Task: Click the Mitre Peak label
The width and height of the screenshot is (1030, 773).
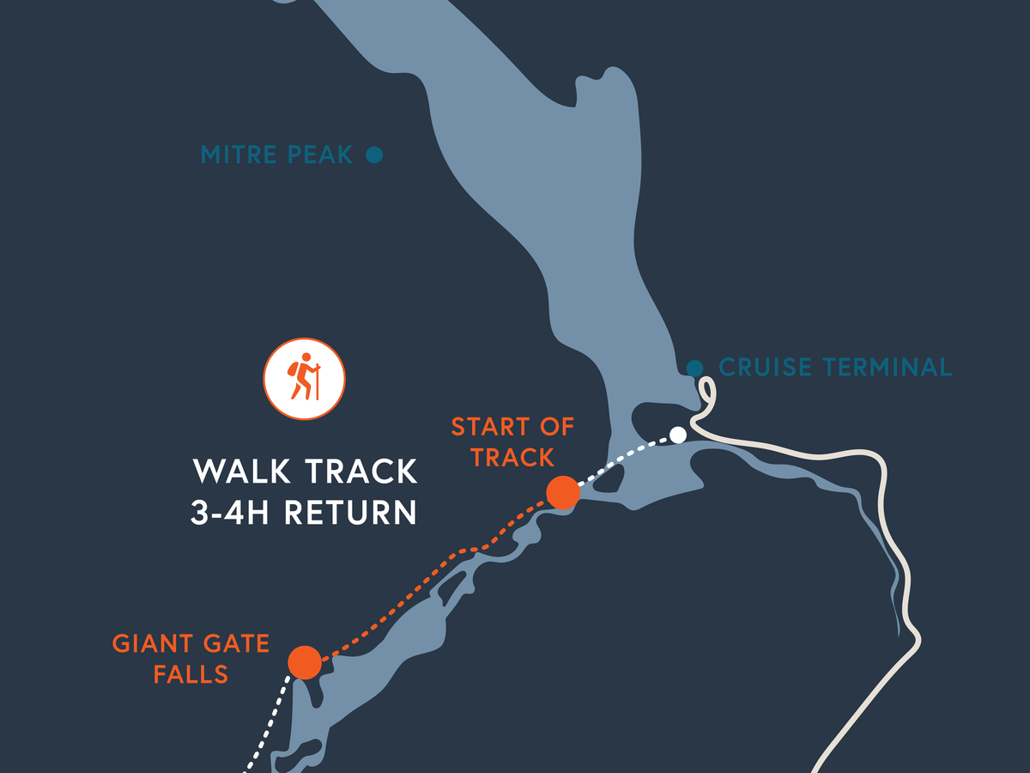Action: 276,155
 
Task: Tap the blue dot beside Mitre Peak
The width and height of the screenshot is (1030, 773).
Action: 373,155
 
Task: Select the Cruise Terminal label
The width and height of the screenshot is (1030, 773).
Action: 834,368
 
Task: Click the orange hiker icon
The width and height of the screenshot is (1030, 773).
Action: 304,379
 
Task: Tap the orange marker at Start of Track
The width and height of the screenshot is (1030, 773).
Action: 561,493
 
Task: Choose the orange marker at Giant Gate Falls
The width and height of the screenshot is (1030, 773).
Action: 305,662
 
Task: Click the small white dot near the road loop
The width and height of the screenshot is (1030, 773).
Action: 678,435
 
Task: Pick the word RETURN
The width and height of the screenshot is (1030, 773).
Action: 350,513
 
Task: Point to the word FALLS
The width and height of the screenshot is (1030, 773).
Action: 191,674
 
